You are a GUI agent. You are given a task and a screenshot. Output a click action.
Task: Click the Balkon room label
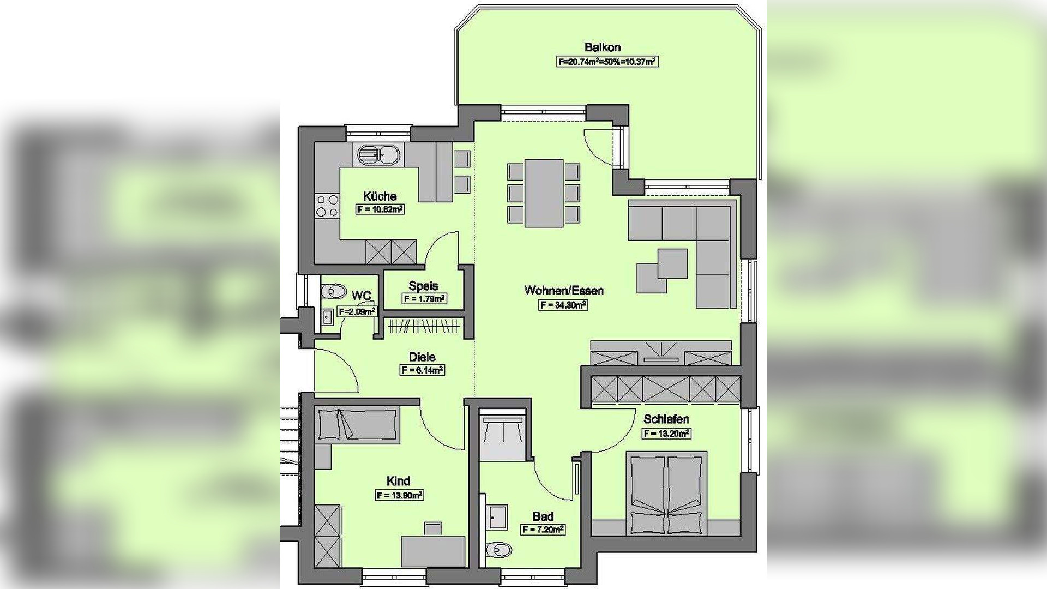(x=603, y=47)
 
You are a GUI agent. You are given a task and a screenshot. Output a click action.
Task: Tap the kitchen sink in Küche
(x=378, y=155)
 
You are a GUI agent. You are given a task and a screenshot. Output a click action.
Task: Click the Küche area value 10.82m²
(x=380, y=209)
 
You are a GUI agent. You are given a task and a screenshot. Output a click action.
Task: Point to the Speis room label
(x=423, y=286)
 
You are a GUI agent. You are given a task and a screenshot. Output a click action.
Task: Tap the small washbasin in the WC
(x=327, y=317)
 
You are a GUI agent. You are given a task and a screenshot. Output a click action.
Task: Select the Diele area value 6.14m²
(x=422, y=370)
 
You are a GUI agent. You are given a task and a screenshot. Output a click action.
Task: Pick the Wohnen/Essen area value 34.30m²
(x=563, y=305)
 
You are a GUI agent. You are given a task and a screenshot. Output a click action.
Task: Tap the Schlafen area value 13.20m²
(x=666, y=434)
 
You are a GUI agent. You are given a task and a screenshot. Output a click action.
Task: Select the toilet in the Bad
(x=498, y=550)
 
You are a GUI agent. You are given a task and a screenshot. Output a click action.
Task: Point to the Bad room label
(x=543, y=516)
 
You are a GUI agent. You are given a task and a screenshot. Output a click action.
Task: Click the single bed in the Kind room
(x=358, y=424)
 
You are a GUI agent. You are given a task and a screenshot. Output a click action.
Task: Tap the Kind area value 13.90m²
(x=400, y=495)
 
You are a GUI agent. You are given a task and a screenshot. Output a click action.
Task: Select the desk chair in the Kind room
(x=434, y=528)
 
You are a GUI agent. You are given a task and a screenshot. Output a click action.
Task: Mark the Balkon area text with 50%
(x=607, y=62)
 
